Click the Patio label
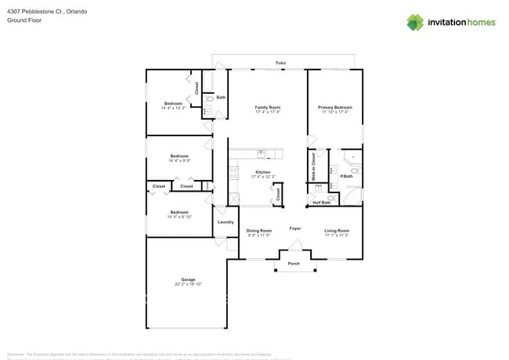pos(280,63)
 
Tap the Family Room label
pos(268,107)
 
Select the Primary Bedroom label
pos(334,107)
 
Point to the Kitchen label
pos(263,172)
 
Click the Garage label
pos(188,279)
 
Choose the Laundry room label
pos(226,222)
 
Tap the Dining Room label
pos(258,230)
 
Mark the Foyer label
pos(295,229)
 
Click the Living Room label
pos(337,230)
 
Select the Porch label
pos(294,263)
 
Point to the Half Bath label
pos(321,203)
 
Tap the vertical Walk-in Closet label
pos(314,167)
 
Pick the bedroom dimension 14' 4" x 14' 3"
pos(173,108)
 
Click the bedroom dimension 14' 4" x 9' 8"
pos(179,160)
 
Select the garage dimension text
pos(188,284)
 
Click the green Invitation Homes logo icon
pos(414,22)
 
